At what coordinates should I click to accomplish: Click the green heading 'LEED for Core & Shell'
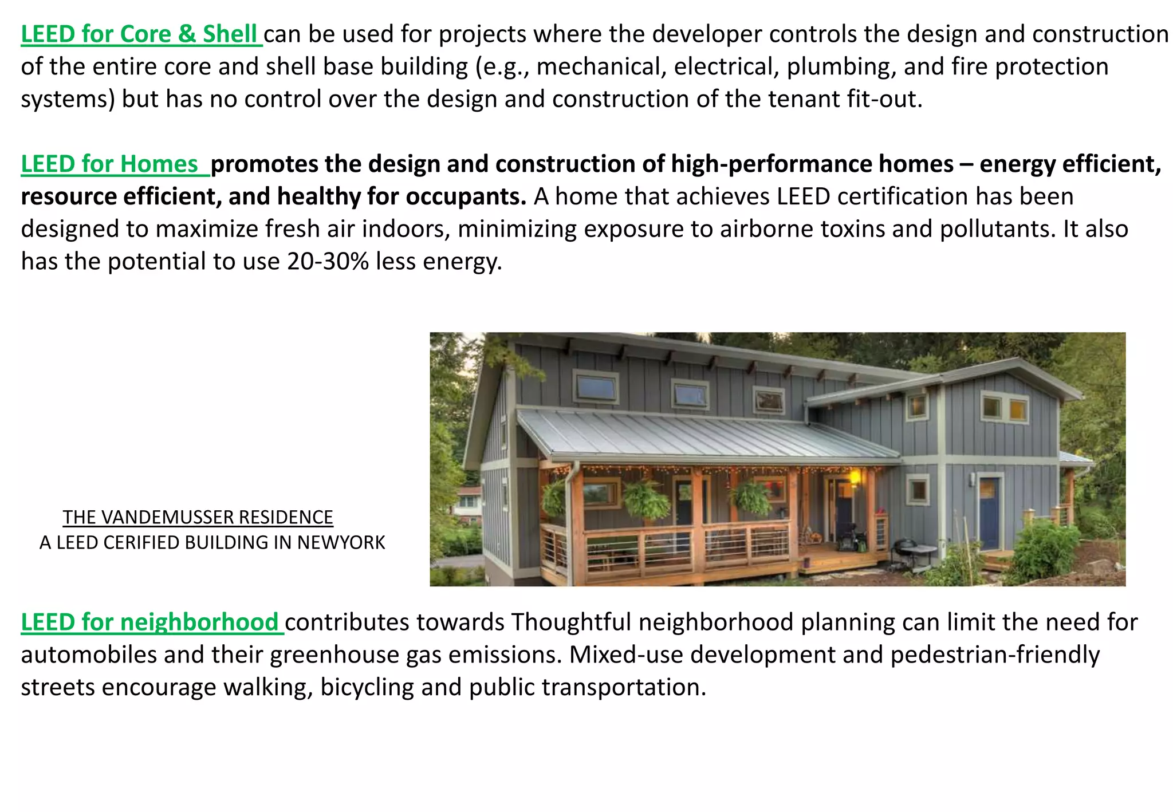pos(141,34)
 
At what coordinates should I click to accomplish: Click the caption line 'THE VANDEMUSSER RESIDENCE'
pos(198,517)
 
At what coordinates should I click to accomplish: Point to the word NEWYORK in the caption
pos(341,542)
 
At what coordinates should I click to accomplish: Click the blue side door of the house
pos(989,513)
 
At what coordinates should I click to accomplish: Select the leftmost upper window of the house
pos(595,388)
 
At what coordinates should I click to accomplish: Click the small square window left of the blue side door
pos(918,490)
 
